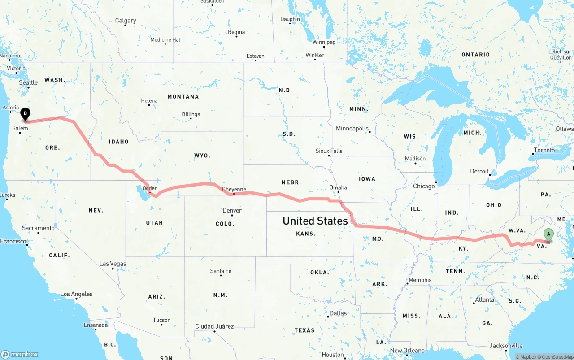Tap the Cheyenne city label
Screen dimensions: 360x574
click(234, 189)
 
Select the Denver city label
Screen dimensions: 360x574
click(232, 210)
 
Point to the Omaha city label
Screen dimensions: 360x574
click(338, 187)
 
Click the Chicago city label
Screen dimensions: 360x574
click(424, 186)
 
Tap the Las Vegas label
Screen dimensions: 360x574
click(113, 264)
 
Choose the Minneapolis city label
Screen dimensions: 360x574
click(352, 129)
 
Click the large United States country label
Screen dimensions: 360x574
click(315, 221)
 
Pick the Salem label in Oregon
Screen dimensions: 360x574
click(20, 128)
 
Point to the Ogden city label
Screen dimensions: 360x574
click(150, 188)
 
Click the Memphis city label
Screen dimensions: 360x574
click(420, 280)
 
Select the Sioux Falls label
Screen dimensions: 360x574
click(329, 151)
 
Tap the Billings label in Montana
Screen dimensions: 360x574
click(191, 114)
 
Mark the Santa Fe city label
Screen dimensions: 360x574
click(221, 271)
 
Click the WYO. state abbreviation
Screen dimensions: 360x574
click(202, 156)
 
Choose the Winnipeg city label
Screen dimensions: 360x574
click(324, 42)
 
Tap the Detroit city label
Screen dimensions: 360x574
click(479, 171)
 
